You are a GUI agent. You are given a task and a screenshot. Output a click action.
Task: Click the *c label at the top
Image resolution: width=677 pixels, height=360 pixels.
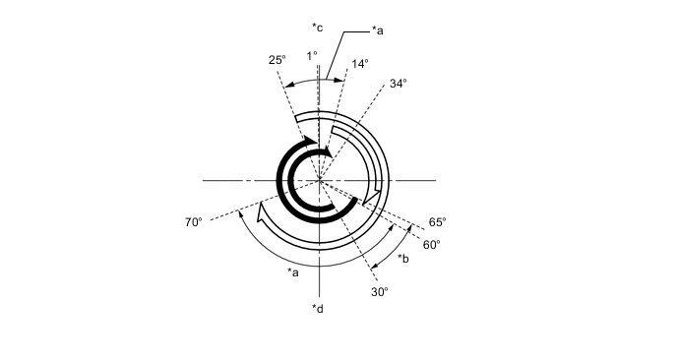[x=317, y=29]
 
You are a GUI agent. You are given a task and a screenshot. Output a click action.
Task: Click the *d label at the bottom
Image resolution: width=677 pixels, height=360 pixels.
[x=318, y=309]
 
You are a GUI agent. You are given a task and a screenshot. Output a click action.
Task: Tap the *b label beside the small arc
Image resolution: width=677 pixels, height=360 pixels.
[x=403, y=259]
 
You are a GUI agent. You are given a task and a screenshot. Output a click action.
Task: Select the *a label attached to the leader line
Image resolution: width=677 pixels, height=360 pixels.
[x=377, y=30]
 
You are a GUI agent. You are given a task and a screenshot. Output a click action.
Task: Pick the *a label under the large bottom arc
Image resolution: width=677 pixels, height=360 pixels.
[x=293, y=272]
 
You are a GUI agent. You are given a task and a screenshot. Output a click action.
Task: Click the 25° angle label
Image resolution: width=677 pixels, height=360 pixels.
[x=277, y=60]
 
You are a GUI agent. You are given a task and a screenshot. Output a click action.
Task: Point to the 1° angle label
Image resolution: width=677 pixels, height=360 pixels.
[x=312, y=56]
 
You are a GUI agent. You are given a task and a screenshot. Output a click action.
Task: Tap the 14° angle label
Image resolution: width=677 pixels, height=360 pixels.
[x=360, y=64]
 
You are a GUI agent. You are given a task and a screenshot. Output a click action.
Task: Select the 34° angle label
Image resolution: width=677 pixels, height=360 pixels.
[x=399, y=84]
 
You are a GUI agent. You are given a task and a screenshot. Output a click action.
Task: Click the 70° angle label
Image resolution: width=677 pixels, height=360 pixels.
[x=194, y=222]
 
